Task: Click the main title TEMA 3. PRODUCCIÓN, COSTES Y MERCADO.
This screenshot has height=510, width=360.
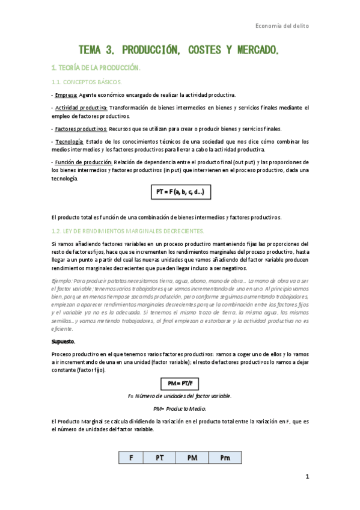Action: click(x=179, y=49)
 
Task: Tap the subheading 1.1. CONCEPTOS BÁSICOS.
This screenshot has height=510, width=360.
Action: click(x=87, y=81)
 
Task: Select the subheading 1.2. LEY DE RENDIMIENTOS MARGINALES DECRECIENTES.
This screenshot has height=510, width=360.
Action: click(x=120, y=230)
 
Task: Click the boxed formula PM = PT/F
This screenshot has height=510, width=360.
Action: click(x=179, y=383)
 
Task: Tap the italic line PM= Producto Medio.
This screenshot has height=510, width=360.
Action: click(x=180, y=409)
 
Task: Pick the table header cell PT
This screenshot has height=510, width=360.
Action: click(x=160, y=458)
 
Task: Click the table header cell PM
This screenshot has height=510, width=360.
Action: click(x=192, y=458)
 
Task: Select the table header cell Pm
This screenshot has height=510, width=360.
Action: click(x=225, y=458)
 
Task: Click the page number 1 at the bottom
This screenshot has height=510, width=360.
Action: click(x=307, y=477)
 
